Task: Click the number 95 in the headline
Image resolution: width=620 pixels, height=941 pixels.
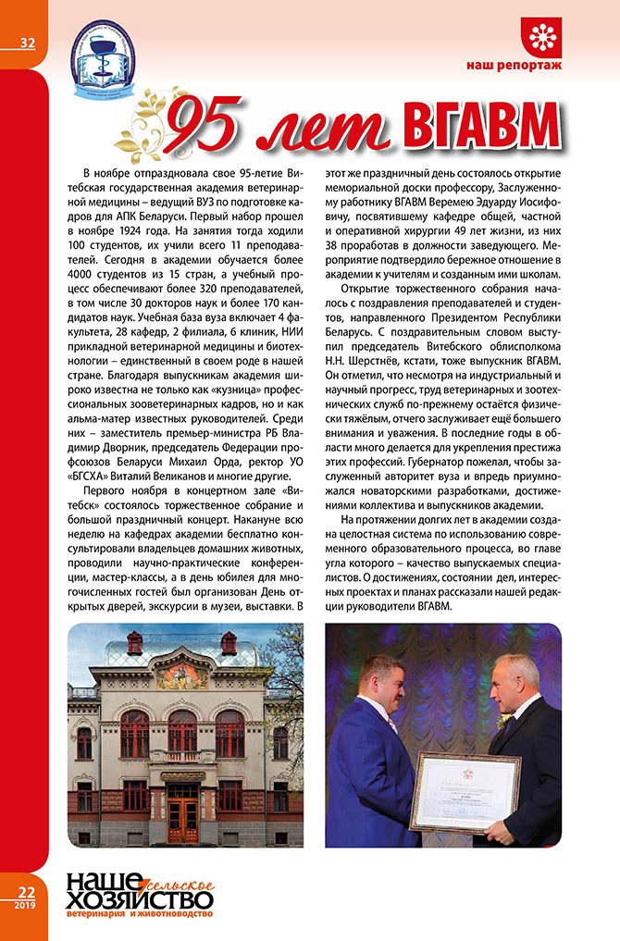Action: pyautogui.click(x=211, y=127)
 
